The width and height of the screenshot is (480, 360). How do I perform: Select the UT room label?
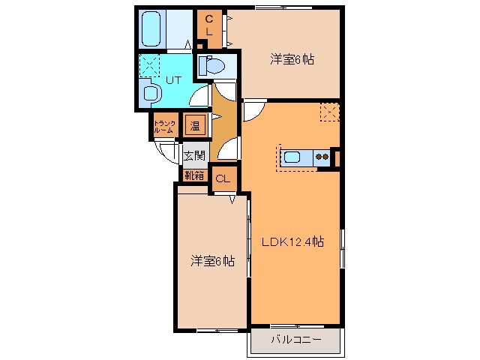click(x=173, y=78)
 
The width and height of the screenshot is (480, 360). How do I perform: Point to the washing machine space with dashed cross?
click(x=151, y=64)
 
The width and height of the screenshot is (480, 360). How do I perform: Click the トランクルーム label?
click(x=164, y=127)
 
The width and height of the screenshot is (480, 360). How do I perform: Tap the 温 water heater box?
click(x=194, y=125)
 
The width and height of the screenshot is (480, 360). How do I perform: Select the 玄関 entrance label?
click(x=194, y=156)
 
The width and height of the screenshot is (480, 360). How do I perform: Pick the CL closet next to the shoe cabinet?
click(x=223, y=178)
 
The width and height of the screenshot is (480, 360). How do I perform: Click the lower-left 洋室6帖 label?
click(x=211, y=260)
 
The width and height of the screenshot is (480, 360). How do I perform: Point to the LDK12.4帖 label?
click(x=292, y=242)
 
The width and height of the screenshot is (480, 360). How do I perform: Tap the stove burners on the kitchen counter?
click(x=322, y=157)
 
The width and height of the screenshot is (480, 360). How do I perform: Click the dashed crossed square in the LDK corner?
click(x=330, y=112)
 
